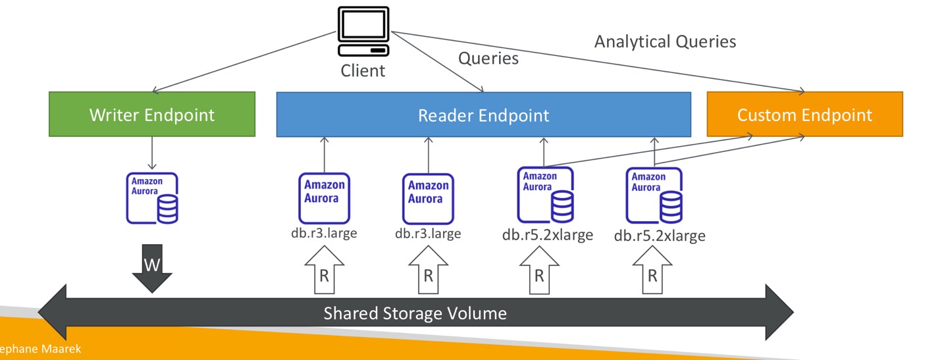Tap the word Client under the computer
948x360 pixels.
(x=363, y=70)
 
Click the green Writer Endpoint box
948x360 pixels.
(x=152, y=115)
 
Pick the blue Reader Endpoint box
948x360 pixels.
(x=483, y=115)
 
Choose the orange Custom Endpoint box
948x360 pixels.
(x=804, y=115)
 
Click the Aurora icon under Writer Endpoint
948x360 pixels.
(x=152, y=198)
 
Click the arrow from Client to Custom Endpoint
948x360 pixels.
(x=592, y=60)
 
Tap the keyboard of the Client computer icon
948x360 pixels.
(x=362, y=50)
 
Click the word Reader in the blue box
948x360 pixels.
(x=446, y=116)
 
